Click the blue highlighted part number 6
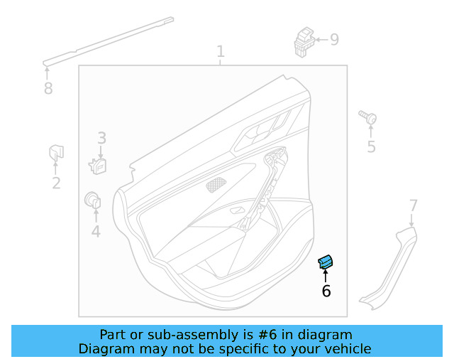pyautogui.click(x=326, y=262)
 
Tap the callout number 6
pyautogui.click(x=326, y=291)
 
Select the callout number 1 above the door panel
pyautogui.click(x=221, y=52)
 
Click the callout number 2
pyautogui.click(x=56, y=183)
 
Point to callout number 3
pyautogui.click(x=101, y=138)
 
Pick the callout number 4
pyautogui.click(x=96, y=231)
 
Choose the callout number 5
pyautogui.click(x=371, y=146)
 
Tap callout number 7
pyautogui.click(x=414, y=206)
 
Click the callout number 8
pyautogui.click(x=48, y=89)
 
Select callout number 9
pyautogui.click(x=334, y=39)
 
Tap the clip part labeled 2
pyautogui.click(x=55, y=152)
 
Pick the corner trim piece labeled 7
pyautogui.click(x=388, y=271)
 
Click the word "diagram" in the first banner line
pyautogui.click(x=326, y=334)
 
